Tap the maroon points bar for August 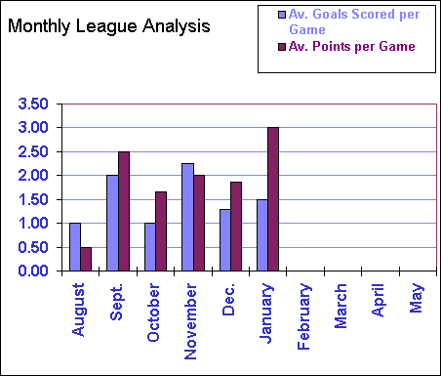87,259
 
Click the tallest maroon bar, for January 274,199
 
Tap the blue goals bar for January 262,235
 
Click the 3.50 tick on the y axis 32,104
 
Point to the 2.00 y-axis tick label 32,176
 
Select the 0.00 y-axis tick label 32,272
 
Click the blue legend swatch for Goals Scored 282,16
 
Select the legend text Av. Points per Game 352,46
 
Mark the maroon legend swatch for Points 282,46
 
